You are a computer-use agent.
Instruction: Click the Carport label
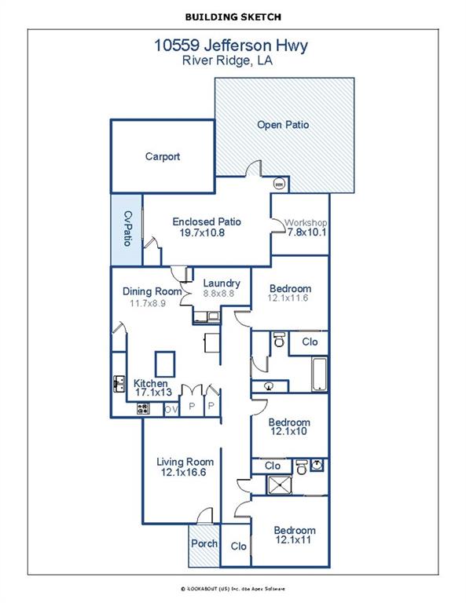(x=163, y=156)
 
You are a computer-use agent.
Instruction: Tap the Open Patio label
(x=283, y=125)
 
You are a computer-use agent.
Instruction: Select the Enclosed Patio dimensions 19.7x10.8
(x=202, y=232)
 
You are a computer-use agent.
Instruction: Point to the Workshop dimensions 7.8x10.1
(x=306, y=232)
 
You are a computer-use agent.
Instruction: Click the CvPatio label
(x=128, y=228)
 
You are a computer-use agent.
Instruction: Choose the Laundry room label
(x=222, y=283)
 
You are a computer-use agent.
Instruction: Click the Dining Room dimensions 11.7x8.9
(x=148, y=303)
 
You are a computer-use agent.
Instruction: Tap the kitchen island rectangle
(x=165, y=364)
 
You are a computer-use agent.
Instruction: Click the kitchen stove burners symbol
(x=144, y=408)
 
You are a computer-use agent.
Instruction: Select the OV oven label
(x=171, y=410)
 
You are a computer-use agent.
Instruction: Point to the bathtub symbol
(x=319, y=375)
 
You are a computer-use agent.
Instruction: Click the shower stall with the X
(x=280, y=485)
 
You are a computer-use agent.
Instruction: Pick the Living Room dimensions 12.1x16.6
(x=184, y=472)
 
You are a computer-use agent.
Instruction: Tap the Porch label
(x=204, y=543)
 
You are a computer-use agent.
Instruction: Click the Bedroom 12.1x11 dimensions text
(x=293, y=539)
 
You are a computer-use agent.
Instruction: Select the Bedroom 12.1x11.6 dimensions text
(x=288, y=298)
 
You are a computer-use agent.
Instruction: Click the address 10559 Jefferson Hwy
(x=231, y=46)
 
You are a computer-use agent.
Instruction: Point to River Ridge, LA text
(x=227, y=60)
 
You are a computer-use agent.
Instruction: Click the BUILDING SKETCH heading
(x=233, y=17)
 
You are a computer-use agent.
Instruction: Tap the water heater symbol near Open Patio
(x=280, y=185)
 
